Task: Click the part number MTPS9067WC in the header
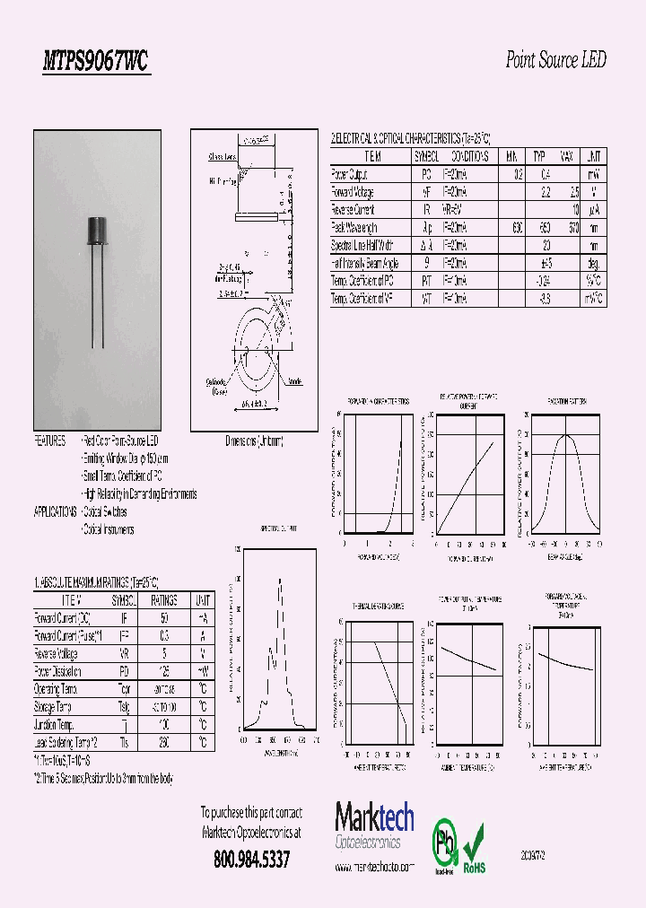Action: (x=96, y=61)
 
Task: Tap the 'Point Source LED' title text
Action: (x=555, y=60)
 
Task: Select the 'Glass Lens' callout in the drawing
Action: (x=222, y=156)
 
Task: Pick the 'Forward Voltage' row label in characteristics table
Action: (x=353, y=192)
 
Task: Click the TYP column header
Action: (x=539, y=156)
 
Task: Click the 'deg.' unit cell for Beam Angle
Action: (x=593, y=263)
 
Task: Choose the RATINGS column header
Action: (x=163, y=600)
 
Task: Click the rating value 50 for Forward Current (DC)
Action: (x=163, y=618)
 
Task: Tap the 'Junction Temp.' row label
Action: (x=57, y=724)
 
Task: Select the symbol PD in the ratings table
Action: (x=124, y=671)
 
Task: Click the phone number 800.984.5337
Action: (x=251, y=860)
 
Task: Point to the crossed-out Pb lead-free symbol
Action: (x=443, y=843)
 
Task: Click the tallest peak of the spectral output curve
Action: (x=280, y=580)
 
